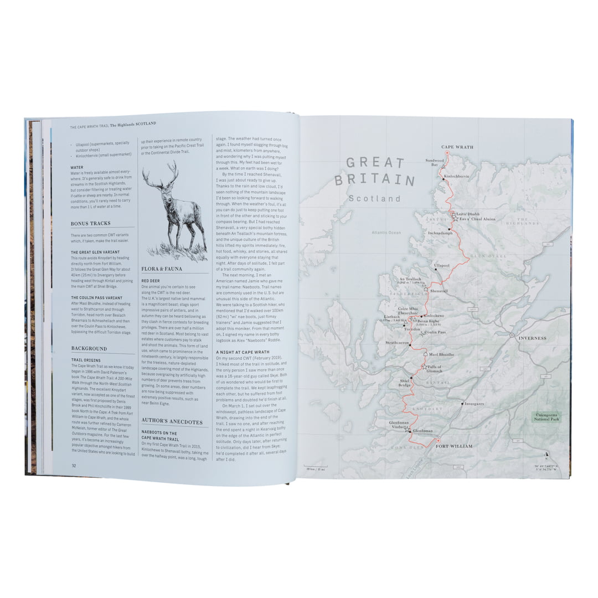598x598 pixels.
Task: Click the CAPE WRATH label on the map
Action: pos(457,147)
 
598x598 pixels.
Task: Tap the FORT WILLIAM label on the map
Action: pos(454,446)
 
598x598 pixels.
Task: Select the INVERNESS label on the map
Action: pos(532,338)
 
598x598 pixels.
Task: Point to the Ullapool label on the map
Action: pos(442,266)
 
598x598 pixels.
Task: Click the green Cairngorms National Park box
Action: pos(546,416)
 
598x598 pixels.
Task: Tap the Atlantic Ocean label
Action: pos(386,233)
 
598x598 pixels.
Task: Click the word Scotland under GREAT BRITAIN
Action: pos(375,198)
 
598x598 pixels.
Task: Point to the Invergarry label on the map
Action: pos(475,404)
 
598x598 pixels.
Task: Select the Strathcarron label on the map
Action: pos(397,343)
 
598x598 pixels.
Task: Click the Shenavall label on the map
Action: pos(439,290)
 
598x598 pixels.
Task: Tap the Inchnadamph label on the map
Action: pos(440,233)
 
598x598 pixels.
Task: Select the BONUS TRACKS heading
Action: pos(91,224)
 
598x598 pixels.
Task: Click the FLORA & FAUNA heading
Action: pos(162,269)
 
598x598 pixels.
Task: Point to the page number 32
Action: pos(73,465)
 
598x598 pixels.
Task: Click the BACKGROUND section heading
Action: pos(89,349)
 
